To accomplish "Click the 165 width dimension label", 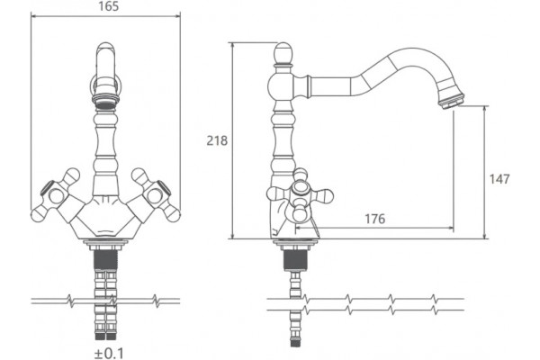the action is [109, 6].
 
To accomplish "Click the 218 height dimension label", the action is [217, 140].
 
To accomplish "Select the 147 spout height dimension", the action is [499, 179].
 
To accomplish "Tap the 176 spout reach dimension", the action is [375, 219].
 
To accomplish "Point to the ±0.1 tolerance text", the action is [109, 354].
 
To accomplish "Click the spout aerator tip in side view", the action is [451, 101].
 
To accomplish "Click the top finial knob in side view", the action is [283, 54].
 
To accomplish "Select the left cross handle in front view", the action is [57, 195].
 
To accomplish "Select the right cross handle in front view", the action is [155, 195].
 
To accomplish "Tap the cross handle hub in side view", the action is [300, 190].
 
